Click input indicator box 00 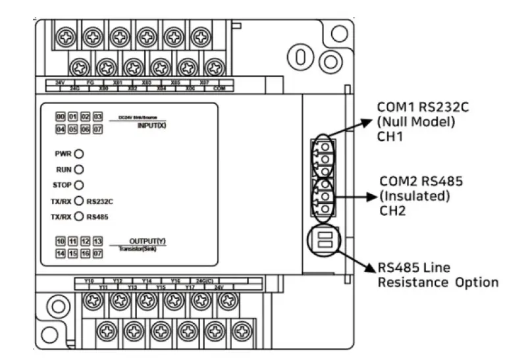(61, 116)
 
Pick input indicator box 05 (73, 130)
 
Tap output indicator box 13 (97, 242)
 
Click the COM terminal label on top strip (219, 88)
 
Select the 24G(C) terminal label (203, 281)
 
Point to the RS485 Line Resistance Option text (437, 276)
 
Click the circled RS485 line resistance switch (323, 238)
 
